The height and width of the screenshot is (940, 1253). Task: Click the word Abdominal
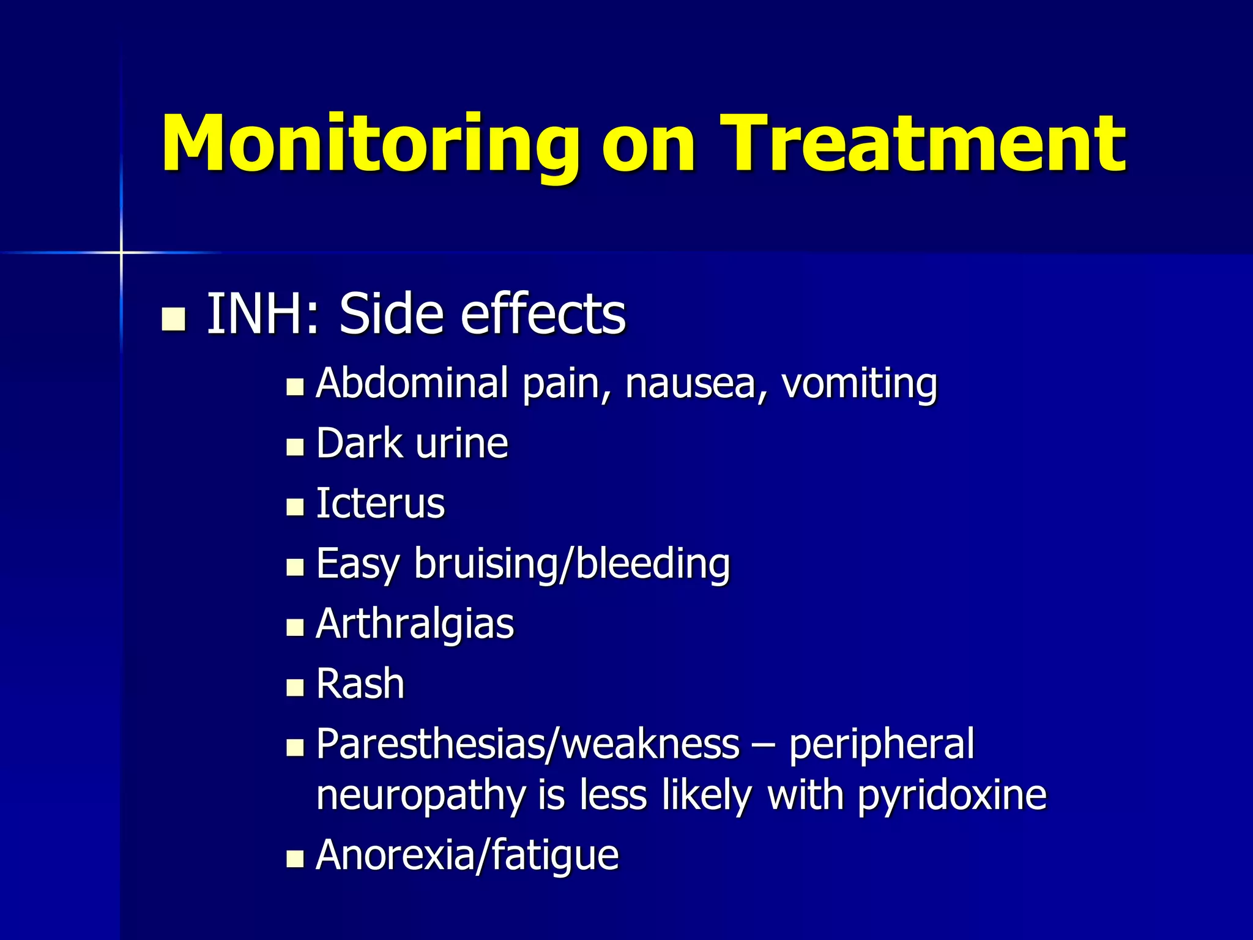coord(412,383)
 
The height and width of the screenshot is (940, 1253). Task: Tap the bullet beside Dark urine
coord(295,447)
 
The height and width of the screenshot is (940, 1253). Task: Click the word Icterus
coord(380,504)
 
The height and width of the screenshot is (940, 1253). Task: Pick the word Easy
coord(357,564)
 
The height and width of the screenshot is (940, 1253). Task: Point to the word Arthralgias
coord(415,624)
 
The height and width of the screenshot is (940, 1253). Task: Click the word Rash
coord(360,684)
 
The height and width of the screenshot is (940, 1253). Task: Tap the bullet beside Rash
coord(295,688)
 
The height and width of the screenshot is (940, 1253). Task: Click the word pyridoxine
coord(952,796)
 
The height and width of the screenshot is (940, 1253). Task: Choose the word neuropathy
coord(421,796)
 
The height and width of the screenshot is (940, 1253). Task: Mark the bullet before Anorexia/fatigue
coord(295,859)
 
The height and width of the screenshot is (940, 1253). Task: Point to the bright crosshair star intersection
coord(121,252)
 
